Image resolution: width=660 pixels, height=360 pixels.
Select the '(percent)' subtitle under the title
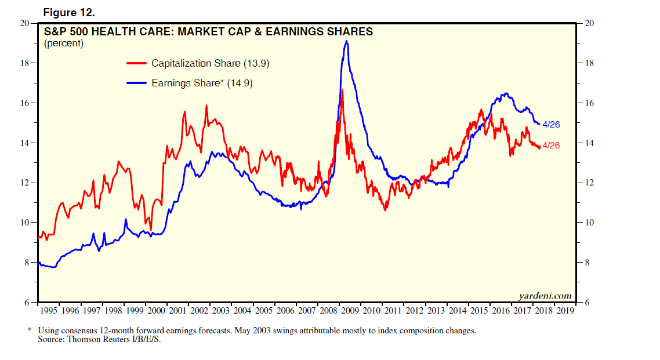64,43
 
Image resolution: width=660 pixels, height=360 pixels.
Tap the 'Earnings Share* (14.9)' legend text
202,83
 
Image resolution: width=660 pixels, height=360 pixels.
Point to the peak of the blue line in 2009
346,41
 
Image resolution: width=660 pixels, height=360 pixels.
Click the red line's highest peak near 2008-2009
342,90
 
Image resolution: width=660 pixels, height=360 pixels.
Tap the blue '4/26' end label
551,125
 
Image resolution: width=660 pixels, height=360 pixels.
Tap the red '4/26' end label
551,146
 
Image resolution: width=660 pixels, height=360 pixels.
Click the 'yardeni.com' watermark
546,296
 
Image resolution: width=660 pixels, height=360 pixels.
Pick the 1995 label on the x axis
49,311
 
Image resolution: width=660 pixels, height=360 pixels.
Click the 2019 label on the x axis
565,311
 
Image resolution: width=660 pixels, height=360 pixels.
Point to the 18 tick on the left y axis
26,63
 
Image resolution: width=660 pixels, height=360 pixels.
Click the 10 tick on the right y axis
587,223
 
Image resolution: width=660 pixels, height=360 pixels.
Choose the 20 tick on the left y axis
26,23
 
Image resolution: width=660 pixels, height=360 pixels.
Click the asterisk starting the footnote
30,330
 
